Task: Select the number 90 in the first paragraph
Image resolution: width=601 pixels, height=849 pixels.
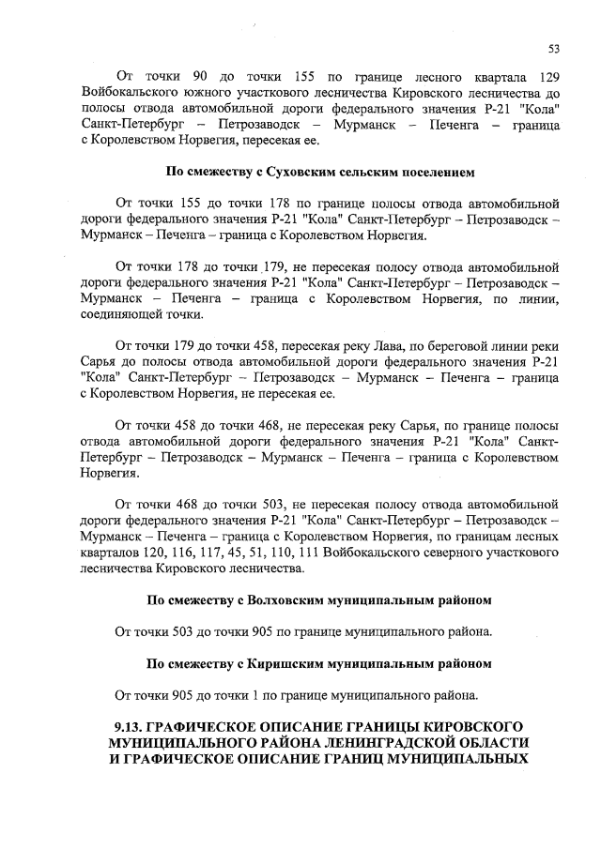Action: coord(199,75)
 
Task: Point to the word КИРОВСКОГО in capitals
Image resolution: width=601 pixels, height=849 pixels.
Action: coord(467,726)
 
